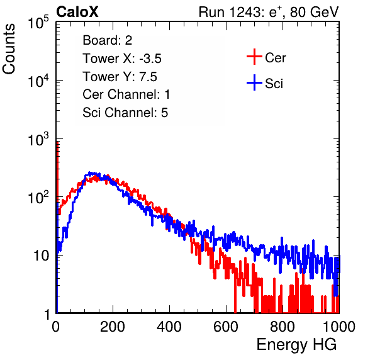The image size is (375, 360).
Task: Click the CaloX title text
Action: tap(77, 12)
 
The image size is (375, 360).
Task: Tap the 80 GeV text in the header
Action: tap(314, 12)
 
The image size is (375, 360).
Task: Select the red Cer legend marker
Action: tap(254, 57)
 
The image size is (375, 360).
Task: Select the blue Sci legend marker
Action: tap(254, 83)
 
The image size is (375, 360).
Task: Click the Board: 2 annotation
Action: tap(108, 40)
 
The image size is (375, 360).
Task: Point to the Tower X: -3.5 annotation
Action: tap(122, 59)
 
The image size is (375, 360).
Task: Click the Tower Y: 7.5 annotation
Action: tap(120, 77)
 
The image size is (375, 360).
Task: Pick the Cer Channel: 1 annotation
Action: tap(126, 94)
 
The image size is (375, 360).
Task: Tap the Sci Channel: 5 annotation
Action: tap(125, 113)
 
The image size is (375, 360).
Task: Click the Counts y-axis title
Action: tap(9, 48)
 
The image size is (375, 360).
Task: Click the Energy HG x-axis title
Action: tap(296, 344)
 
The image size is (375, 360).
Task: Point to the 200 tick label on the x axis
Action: tap(113, 327)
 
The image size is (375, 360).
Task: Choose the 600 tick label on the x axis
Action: tap(226, 327)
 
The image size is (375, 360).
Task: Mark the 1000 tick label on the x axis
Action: tap(339, 327)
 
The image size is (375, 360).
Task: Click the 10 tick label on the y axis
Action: tap(41, 256)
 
